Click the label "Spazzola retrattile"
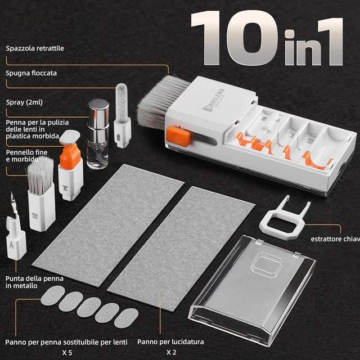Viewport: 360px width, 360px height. tap(35, 48)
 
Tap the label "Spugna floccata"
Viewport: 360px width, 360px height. tap(31, 73)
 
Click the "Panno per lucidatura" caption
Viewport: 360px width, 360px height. tap(170, 341)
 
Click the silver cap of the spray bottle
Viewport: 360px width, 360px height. tap(98, 111)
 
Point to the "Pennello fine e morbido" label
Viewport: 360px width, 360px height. tap(28, 156)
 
